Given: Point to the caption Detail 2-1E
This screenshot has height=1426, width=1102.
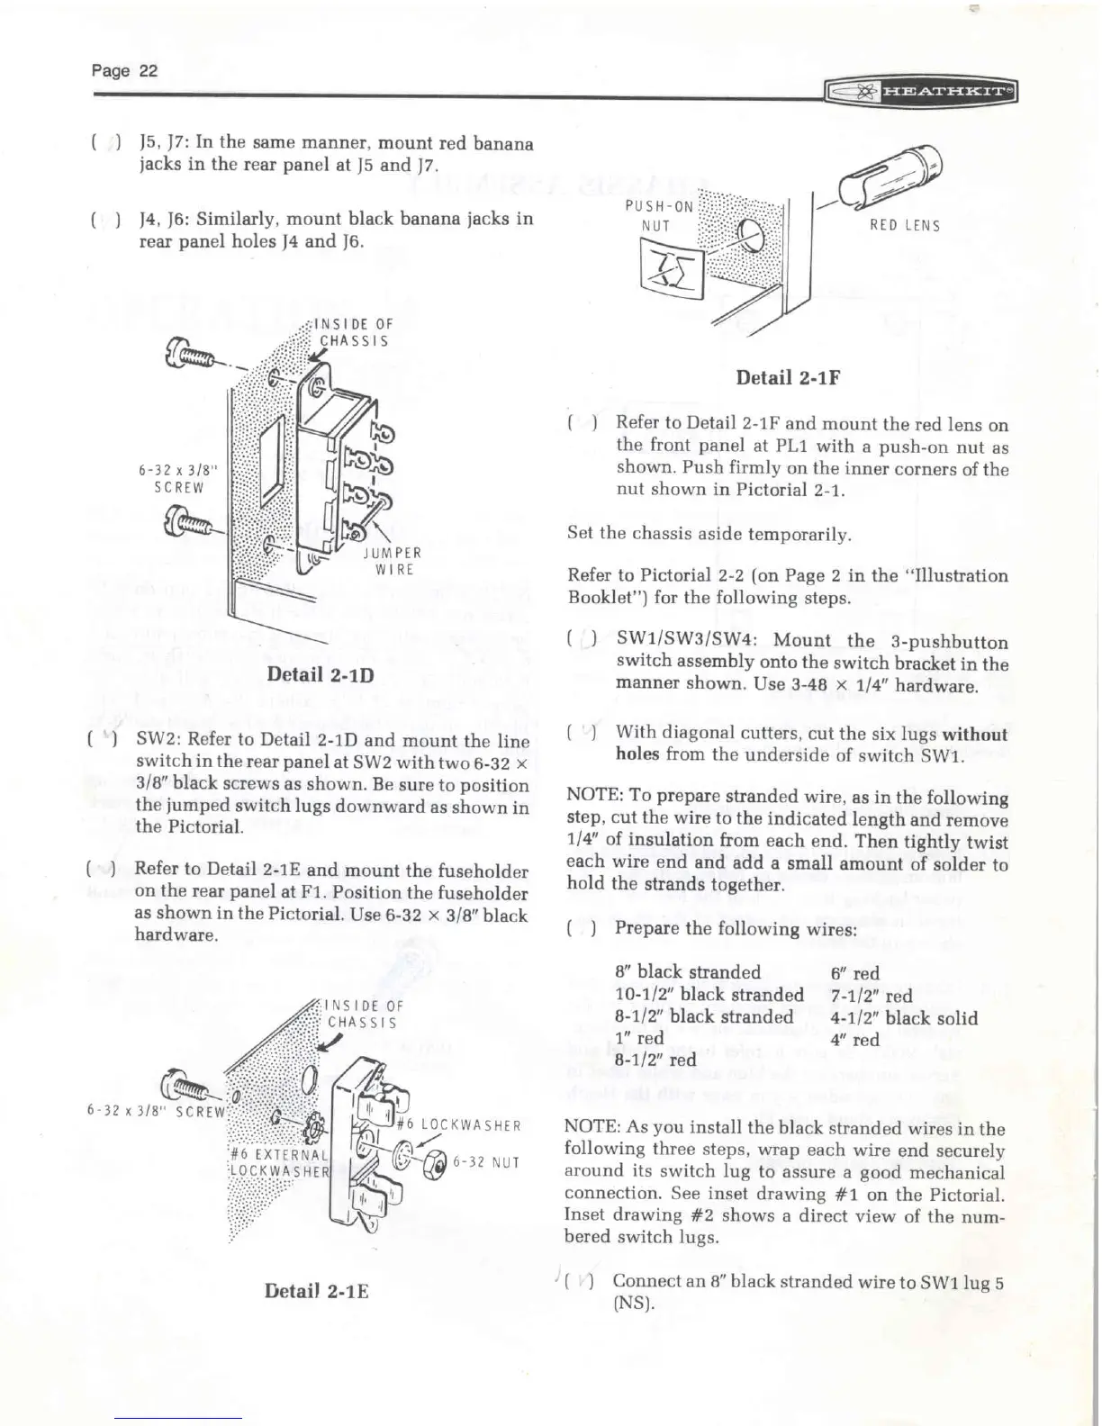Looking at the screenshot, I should click(x=317, y=1291).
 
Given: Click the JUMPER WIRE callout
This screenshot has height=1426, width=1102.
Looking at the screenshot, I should click(x=393, y=561).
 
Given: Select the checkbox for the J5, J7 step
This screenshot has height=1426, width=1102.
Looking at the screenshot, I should click(x=108, y=144).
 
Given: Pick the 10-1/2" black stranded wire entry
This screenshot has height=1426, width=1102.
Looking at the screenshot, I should click(x=709, y=995).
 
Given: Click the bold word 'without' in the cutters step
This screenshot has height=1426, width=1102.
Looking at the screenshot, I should click(x=974, y=735).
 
